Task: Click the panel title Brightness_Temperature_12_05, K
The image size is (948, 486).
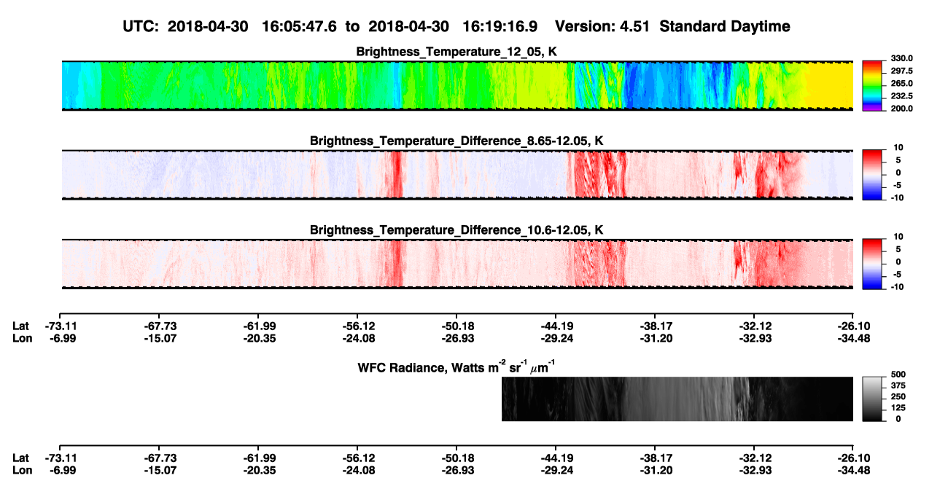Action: [456, 52]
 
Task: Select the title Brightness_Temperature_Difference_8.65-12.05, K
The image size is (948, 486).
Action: [456, 141]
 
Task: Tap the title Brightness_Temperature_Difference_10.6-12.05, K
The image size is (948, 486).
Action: [456, 230]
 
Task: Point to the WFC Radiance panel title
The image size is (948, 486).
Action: [456, 367]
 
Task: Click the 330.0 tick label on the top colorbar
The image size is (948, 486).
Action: [901, 58]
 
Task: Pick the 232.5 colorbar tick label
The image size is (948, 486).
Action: [901, 96]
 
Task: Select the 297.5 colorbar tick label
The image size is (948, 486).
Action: [901, 71]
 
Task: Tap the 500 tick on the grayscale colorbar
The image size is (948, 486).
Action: [898, 375]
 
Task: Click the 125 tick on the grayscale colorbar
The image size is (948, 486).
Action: [898, 408]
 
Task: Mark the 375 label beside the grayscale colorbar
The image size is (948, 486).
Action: [898, 385]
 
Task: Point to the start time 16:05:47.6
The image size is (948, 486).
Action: [299, 26]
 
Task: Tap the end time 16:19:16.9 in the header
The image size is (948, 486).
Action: [500, 26]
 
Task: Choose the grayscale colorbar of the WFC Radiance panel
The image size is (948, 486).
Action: [872, 399]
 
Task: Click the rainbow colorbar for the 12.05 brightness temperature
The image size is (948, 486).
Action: [872, 86]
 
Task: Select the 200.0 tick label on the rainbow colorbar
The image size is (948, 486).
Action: [901, 109]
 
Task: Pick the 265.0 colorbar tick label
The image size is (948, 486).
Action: [901, 83]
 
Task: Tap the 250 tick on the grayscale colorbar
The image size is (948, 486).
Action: [898, 397]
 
